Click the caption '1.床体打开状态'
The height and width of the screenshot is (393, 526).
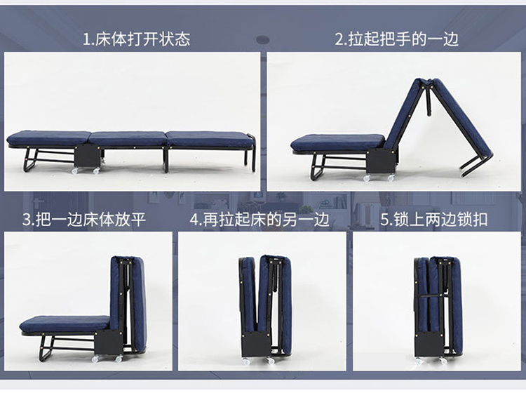click(x=136, y=39)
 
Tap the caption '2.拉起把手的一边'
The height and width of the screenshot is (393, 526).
click(x=397, y=39)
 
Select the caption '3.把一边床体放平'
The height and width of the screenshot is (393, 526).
click(x=84, y=220)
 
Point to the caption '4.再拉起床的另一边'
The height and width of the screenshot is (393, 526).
click(x=259, y=220)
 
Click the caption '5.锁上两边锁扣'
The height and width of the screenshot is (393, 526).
click(x=434, y=220)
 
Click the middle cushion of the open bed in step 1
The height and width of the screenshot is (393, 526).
click(x=128, y=139)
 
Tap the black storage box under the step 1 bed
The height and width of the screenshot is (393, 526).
click(x=87, y=156)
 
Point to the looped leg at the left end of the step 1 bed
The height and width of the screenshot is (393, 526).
click(x=29, y=160)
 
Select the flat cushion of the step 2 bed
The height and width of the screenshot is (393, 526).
click(x=337, y=142)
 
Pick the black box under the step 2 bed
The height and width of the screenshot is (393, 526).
click(x=382, y=162)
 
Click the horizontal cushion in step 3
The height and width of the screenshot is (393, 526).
click(x=65, y=324)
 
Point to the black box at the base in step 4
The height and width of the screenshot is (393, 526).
click(x=256, y=344)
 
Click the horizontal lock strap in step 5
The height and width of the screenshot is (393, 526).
click(x=434, y=295)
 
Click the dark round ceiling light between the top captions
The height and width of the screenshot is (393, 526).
click(x=263, y=39)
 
